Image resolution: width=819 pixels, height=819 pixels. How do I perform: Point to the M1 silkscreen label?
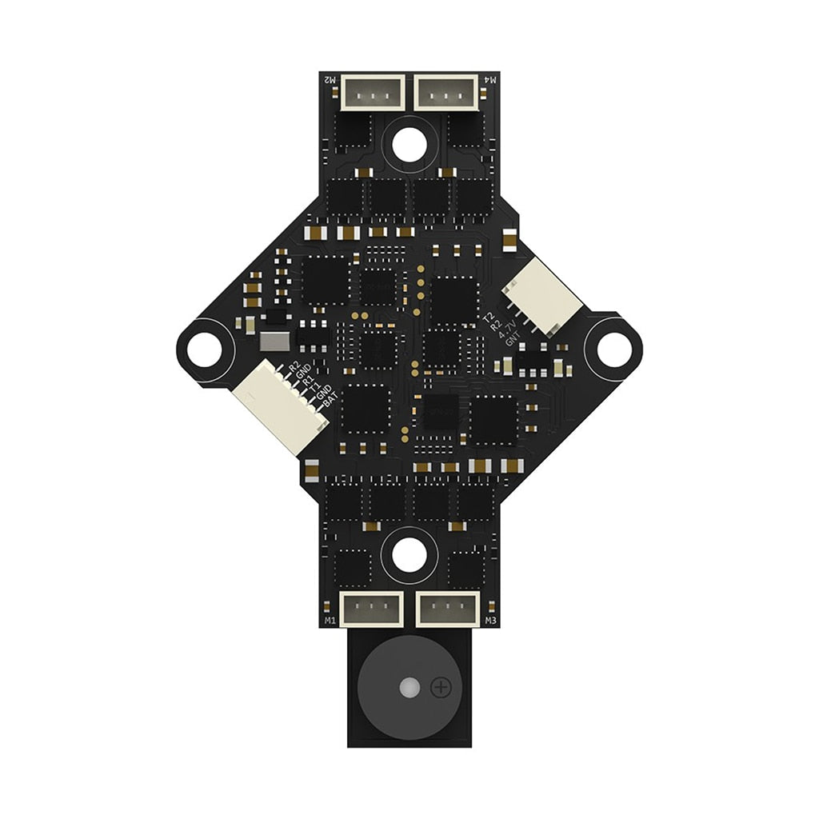pos(330,621)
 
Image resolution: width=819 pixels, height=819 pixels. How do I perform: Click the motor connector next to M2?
pos(373,92)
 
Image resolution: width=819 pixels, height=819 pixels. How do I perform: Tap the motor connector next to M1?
pos(372,610)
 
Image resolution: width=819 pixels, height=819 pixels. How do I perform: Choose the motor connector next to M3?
pos(446,610)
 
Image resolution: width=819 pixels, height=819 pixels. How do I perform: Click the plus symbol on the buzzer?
pos(441,687)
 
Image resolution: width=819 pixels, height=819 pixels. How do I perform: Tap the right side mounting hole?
pos(613,346)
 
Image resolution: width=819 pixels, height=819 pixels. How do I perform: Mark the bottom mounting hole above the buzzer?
pos(409,554)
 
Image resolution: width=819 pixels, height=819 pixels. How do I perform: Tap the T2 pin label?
pos(489,318)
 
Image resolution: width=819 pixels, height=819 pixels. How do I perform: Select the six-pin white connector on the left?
pos(277,406)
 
